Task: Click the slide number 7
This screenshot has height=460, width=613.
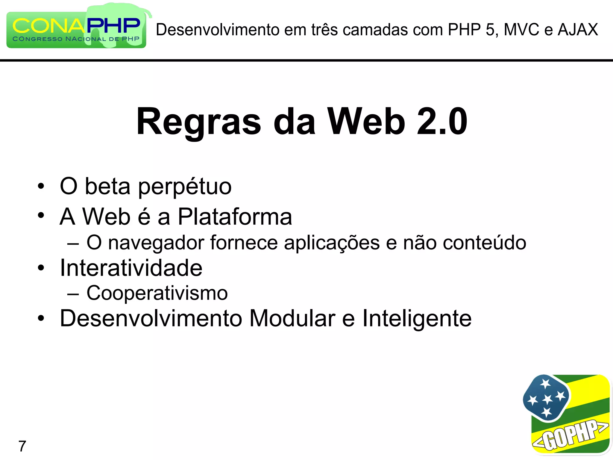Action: coord(22,446)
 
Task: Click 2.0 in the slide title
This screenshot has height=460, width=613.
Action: coord(442,122)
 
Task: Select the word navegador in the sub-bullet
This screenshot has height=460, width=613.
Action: coord(156,243)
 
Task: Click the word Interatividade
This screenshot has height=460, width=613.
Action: coord(131,268)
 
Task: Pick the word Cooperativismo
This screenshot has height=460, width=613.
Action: coord(157,293)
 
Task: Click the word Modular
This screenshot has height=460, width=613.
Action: coord(292,318)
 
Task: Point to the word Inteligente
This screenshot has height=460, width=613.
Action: coord(417,319)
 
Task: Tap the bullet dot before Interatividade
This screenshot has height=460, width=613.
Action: coord(41,267)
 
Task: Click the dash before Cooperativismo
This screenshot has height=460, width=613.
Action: coord(73,294)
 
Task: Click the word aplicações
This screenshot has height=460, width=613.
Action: coord(332,243)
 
